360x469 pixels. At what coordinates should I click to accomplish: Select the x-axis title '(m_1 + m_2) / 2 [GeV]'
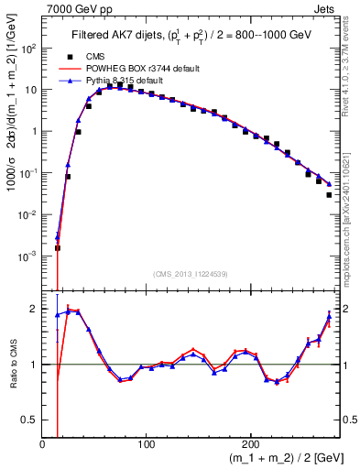point(276,457)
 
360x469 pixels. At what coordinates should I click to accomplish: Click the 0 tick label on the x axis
point(43,443)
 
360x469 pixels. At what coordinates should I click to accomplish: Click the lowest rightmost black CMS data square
point(329,194)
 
